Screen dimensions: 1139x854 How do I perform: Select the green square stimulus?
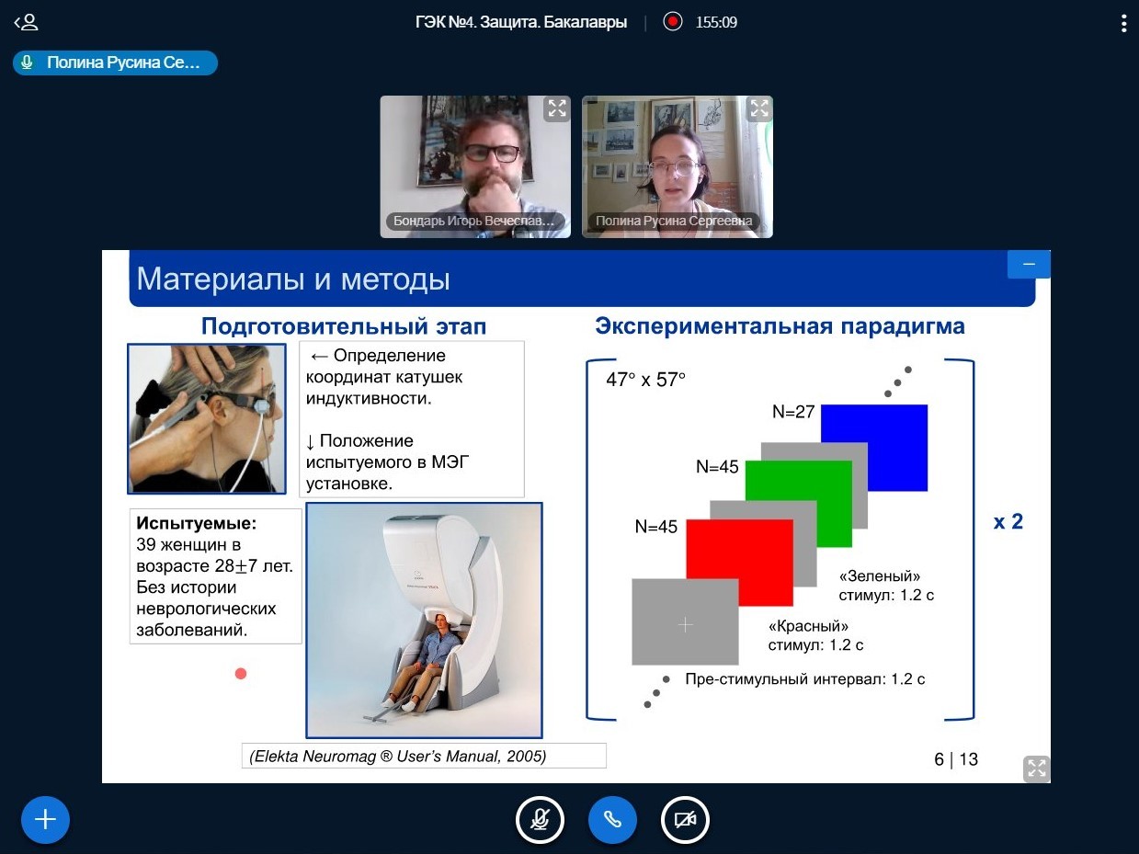pos(799,503)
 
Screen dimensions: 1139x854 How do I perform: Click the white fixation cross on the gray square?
pos(686,625)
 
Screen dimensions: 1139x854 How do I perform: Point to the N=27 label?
pos(793,412)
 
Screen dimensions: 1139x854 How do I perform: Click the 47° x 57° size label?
pos(645,380)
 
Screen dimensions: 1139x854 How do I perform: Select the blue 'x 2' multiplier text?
pos(1008,521)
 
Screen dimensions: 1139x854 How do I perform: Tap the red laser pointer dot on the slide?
pos(241,674)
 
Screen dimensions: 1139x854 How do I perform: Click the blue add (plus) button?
pos(45,820)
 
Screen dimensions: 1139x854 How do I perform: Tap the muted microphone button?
pos(540,820)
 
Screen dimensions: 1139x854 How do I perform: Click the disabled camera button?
pos(685,820)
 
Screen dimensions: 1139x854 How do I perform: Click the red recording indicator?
pos(673,22)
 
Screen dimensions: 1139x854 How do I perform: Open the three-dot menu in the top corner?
pos(1124,23)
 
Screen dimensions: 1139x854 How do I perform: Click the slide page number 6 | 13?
pos(956,759)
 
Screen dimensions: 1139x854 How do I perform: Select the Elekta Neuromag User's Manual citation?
pos(398,757)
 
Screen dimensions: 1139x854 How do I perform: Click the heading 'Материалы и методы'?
pos(293,279)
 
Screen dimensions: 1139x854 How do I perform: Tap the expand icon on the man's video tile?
pos(557,108)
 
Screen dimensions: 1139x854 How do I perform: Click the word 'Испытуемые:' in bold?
pos(196,523)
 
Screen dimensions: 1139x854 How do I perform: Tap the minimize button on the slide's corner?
pos(1029,264)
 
